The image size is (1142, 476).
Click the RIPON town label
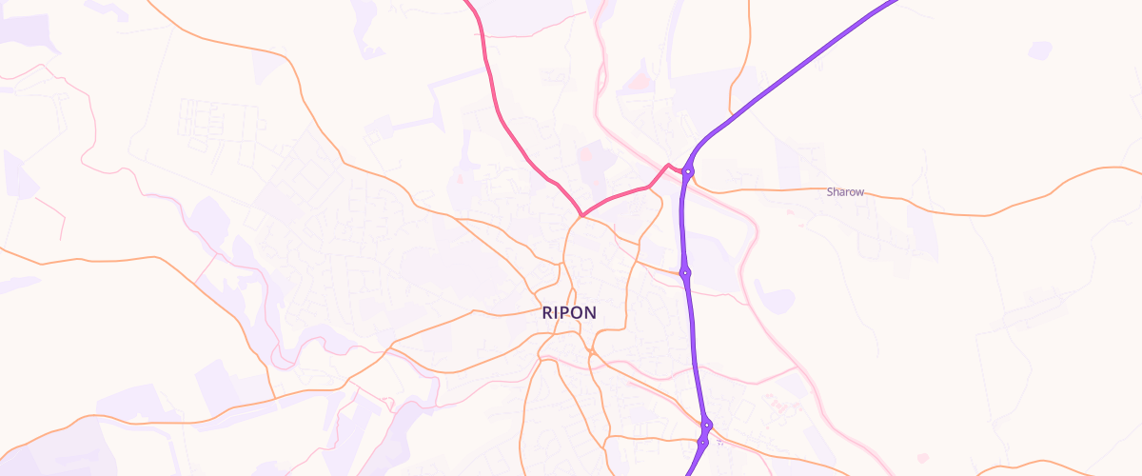(569, 312)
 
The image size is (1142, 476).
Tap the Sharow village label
(845, 192)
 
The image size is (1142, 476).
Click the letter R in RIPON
(548, 312)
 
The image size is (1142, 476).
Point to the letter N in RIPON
(590, 312)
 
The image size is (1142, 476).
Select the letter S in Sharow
(830, 192)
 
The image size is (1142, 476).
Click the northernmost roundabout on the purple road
(688, 171)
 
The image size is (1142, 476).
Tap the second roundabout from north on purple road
(684, 273)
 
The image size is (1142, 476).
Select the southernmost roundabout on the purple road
(702, 443)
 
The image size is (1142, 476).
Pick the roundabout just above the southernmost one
(707, 425)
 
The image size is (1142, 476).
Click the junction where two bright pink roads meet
(581, 215)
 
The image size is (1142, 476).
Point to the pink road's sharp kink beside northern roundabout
(668, 165)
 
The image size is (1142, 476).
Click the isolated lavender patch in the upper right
(1040, 50)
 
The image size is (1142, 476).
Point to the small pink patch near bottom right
(921, 458)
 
